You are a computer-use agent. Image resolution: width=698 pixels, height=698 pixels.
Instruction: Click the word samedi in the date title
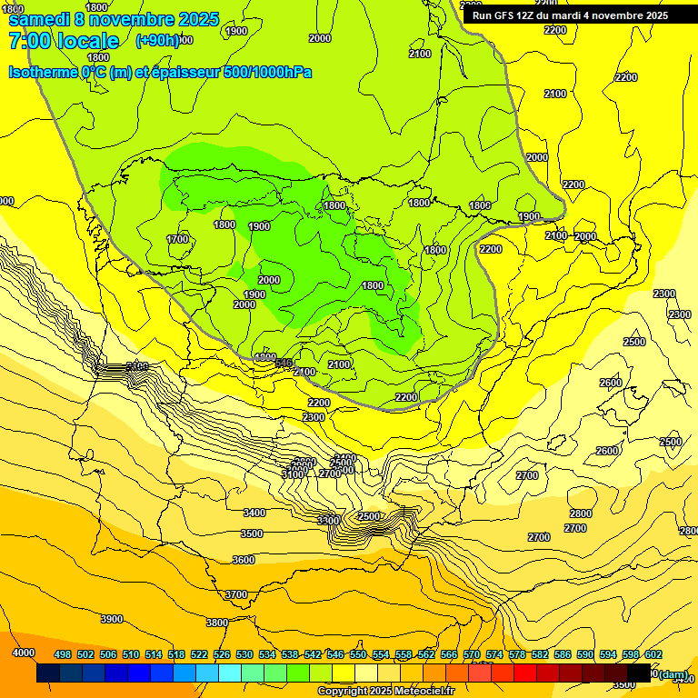pyautogui.click(x=39, y=19)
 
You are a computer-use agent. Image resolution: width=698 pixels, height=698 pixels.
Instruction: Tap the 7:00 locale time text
pyautogui.click(x=64, y=41)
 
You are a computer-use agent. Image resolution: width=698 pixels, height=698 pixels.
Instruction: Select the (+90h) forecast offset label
pyautogui.click(x=157, y=41)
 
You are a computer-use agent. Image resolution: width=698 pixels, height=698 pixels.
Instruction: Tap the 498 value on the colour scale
pyautogui.click(x=63, y=654)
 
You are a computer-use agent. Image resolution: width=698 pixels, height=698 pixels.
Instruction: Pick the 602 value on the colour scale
pyautogui.click(x=653, y=654)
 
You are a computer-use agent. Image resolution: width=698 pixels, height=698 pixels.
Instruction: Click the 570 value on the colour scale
pyautogui.click(x=472, y=654)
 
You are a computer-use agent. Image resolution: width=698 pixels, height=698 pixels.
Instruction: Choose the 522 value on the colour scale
pyautogui.click(x=199, y=654)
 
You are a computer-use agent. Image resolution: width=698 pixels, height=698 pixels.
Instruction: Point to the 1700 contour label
pyautogui.click(x=178, y=239)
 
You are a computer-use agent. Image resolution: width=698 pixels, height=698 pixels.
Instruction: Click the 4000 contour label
pyautogui.click(x=24, y=653)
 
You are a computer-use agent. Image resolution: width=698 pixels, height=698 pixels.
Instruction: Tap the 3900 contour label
pyautogui.click(x=112, y=619)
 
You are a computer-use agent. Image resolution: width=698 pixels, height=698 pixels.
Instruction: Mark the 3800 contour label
pyautogui.click(x=216, y=623)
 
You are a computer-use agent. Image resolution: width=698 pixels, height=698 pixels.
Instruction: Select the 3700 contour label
pyautogui.click(x=236, y=594)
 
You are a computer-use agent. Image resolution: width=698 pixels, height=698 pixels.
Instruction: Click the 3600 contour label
pyautogui.click(x=244, y=560)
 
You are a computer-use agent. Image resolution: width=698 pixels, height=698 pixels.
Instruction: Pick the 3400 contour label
pyautogui.click(x=254, y=514)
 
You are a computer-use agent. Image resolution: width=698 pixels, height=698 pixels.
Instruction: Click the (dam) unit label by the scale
pyautogui.click(x=672, y=673)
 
